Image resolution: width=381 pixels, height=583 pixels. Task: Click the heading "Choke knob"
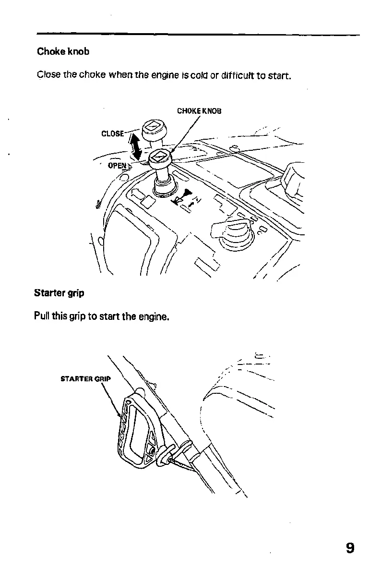(63, 52)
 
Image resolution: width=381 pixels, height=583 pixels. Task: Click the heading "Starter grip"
(59, 292)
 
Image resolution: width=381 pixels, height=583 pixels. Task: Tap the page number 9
(350, 548)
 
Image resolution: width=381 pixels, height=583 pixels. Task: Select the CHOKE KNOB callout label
(199, 111)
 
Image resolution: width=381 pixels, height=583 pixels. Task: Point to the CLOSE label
(112, 133)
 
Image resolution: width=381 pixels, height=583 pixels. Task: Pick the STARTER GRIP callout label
(85, 378)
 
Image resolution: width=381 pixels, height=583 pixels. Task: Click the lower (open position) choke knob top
(160, 157)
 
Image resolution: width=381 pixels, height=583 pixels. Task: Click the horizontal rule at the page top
(198, 35)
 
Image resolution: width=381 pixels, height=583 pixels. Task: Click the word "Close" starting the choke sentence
(47, 76)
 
